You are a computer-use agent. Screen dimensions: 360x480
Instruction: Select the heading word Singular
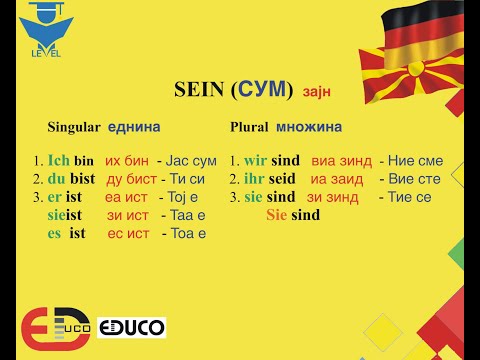point(74,128)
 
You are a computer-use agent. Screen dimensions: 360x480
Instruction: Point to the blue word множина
point(309,128)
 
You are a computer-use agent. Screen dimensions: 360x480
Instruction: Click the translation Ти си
point(184,178)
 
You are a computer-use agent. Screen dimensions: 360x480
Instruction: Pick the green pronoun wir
point(255,160)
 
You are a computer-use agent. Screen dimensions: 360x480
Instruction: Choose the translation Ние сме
point(410,160)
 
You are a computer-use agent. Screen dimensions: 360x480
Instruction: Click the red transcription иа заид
point(337,178)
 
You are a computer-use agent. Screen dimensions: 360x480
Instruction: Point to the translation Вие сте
point(410,178)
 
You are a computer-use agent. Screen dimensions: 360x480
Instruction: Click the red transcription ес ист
point(127,233)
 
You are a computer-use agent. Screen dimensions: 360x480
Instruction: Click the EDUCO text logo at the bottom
point(131,327)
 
